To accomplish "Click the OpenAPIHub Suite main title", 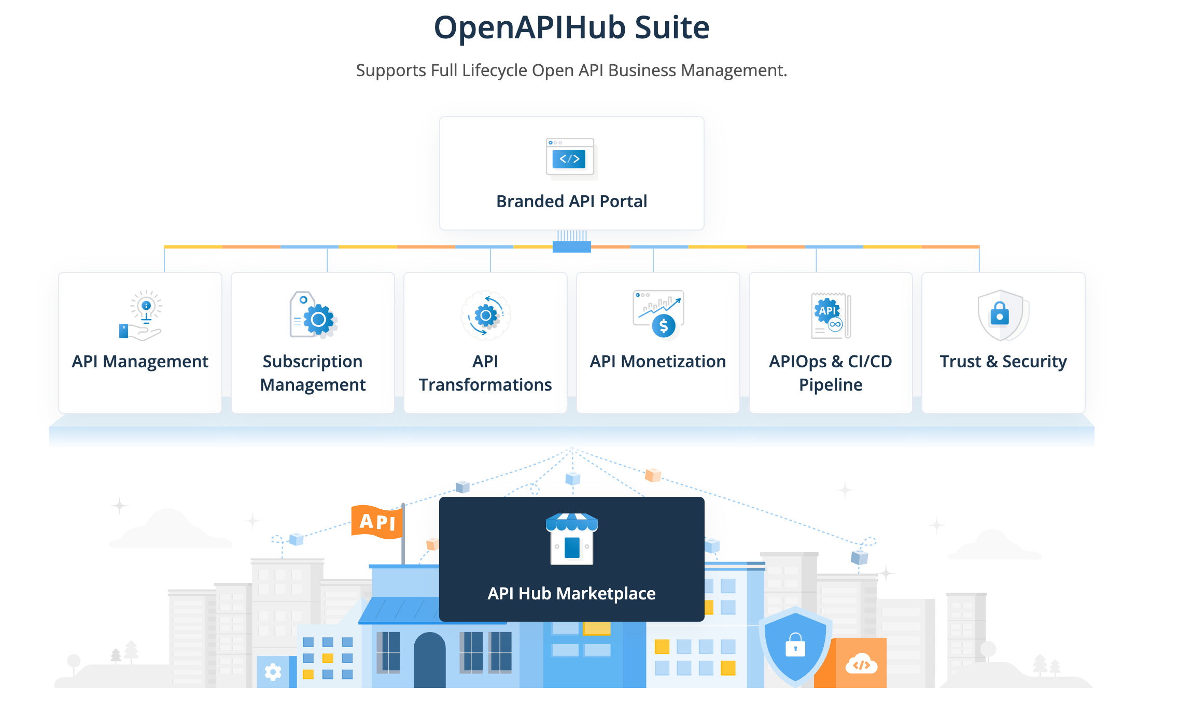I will pos(571,27).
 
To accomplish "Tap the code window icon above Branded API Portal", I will pos(570,157).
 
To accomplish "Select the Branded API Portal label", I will pos(571,201).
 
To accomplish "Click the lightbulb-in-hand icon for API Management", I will pos(141,315).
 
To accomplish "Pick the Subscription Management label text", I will pos(313,373).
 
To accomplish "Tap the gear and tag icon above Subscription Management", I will pos(313,315).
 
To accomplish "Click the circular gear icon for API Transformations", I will pos(486,315).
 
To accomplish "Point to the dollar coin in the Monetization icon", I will pos(664,326).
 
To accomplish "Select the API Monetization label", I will pos(658,362).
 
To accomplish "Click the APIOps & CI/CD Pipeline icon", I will pos(831,315).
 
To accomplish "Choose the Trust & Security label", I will pos(1003,362).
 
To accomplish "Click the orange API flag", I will pos(377,521).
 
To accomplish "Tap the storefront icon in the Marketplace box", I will pos(571,539).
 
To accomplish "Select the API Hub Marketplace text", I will pos(571,593).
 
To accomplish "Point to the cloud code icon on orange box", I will pos(861,664).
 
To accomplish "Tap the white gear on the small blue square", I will pos(273,672).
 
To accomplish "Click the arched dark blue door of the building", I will pos(429,661).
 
